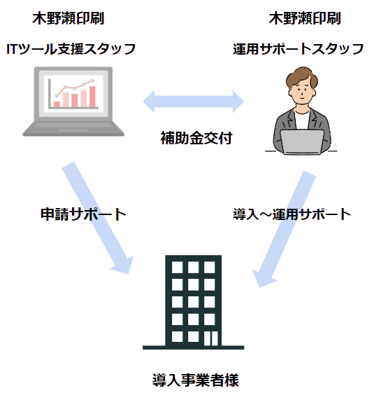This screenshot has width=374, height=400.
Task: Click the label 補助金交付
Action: (x=196, y=138)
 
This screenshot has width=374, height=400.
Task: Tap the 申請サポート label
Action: (x=83, y=214)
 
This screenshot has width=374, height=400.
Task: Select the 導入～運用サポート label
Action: (x=292, y=214)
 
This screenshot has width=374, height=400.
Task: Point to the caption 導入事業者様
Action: (x=196, y=380)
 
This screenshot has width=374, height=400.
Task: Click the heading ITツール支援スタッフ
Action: (x=71, y=49)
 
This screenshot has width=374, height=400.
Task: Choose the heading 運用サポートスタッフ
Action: (x=298, y=49)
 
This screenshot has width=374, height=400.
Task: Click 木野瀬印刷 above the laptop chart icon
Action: (x=69, y=18)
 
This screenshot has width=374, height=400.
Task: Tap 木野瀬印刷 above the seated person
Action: (x=305, y=18)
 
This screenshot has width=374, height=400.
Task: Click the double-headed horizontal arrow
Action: (x=194, y=102)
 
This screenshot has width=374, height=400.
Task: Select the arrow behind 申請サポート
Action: (x=98, y=218)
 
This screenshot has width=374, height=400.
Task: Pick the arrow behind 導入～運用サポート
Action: (x=285, y=229)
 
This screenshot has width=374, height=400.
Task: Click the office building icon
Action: (x=194, y=302)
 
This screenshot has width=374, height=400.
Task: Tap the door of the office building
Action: (x=211, y=338)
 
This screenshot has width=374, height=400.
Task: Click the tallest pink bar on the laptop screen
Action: (x=92, y=97)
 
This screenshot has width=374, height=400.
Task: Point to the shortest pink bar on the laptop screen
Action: (x=57, y=104)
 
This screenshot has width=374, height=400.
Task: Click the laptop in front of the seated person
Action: (x=302, y=142)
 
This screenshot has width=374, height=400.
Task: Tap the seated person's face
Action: (x=302, y=92)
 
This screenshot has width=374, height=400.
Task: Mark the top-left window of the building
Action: (x=177, y=268)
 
